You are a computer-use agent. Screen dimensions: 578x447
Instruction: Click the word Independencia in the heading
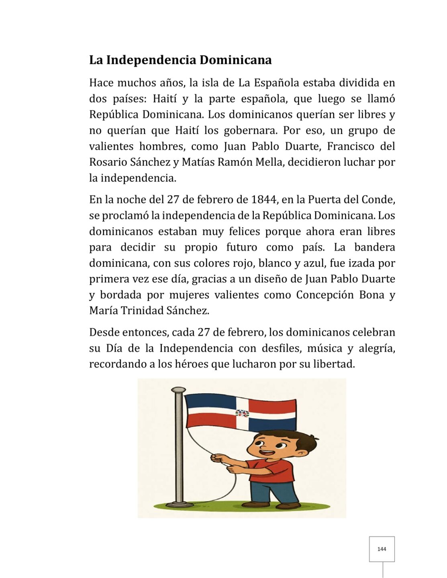(151, 60)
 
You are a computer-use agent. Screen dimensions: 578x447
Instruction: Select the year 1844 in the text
(264, 199)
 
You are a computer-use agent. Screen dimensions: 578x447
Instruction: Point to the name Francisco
(351, 147)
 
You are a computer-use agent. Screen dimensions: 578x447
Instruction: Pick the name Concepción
(325, 295)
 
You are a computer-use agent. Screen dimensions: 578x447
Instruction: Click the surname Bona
(372, 295)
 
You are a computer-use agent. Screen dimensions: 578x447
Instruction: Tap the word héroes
(190, 364)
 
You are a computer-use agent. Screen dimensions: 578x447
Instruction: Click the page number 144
(382, 549)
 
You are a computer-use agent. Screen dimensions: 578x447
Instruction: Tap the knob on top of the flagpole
(178, 390)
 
